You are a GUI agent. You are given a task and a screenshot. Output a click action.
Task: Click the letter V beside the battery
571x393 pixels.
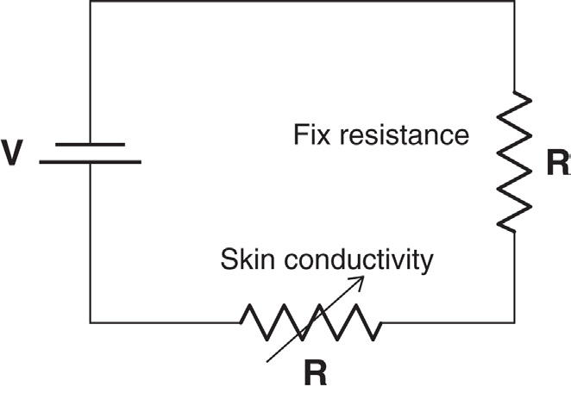point(13,153)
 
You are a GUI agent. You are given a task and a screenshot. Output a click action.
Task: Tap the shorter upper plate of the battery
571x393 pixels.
point(90,144)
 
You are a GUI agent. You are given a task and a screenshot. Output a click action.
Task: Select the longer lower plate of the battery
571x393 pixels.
point(90,161)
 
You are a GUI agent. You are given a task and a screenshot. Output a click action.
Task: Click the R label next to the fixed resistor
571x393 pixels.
point(558,164)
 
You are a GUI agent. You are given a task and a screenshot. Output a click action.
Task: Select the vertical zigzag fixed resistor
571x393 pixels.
point(516,161)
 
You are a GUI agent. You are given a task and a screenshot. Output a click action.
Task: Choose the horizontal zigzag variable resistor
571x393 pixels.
point(311,322)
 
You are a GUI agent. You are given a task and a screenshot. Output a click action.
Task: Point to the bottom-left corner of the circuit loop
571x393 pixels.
point(90,322)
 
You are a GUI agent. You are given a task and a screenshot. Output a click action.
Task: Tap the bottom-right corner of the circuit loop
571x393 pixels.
point(516,322)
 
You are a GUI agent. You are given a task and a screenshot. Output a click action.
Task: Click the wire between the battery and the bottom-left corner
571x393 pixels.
point(90,241)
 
